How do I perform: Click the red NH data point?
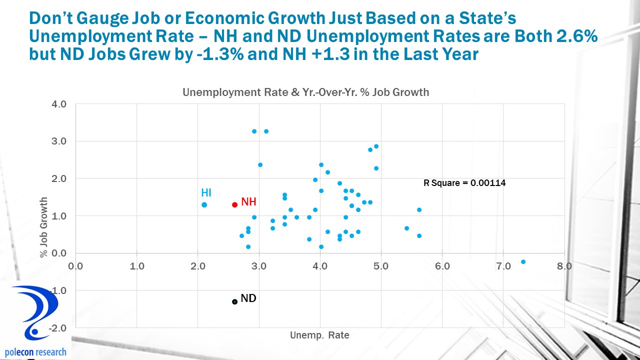coord(234,204)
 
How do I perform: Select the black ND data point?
coord(234,301)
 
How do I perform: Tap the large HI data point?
coord(204,204)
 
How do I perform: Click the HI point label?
coord(206,193)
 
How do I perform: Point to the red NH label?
coord(248,202)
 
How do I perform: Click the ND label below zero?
coord(248,298)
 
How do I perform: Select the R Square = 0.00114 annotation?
coord(464,183)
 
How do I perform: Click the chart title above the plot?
coord(305,92)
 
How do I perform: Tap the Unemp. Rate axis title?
coord(319,335)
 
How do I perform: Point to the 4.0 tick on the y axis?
coord(59,104)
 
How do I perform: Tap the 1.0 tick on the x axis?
coord(136,265)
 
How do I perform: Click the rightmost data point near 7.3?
coord(523,261)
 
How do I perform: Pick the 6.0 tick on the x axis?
coord(442,265)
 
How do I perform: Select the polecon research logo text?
coord(34,352)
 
